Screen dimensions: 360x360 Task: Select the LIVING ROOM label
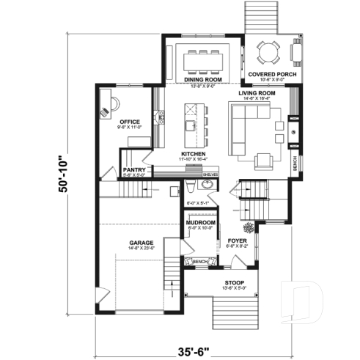click(x=257, y=93)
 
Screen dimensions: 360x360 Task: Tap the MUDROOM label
click(x=199, y=221)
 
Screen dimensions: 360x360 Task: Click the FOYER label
click(x=236, y=241)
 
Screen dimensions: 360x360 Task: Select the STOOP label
click(x=235, y=282)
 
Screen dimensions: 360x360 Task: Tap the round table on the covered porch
click(x=268, y=52)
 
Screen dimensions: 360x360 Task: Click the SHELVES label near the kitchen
click(x=210, y=175)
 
